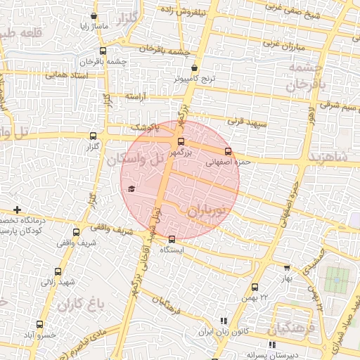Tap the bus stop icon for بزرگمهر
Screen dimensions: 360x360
(181, 141)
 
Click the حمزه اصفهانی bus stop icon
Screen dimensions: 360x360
(227, 150)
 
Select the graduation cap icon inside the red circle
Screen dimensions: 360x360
(131, 188)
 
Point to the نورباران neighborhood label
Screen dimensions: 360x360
(210, 210)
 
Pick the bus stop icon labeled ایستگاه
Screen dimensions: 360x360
(172, 239)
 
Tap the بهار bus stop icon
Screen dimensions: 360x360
(287, 267)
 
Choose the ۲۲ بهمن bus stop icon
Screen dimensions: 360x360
(255, 287)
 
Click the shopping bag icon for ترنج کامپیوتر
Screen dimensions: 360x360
(195, 69)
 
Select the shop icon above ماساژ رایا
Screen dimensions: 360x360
(94, 15)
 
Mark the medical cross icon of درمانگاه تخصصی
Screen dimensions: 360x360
(17, 210)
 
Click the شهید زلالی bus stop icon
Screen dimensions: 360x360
(58, 271)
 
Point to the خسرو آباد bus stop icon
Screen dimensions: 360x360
(39, 325)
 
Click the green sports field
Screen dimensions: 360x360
(336, 280)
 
